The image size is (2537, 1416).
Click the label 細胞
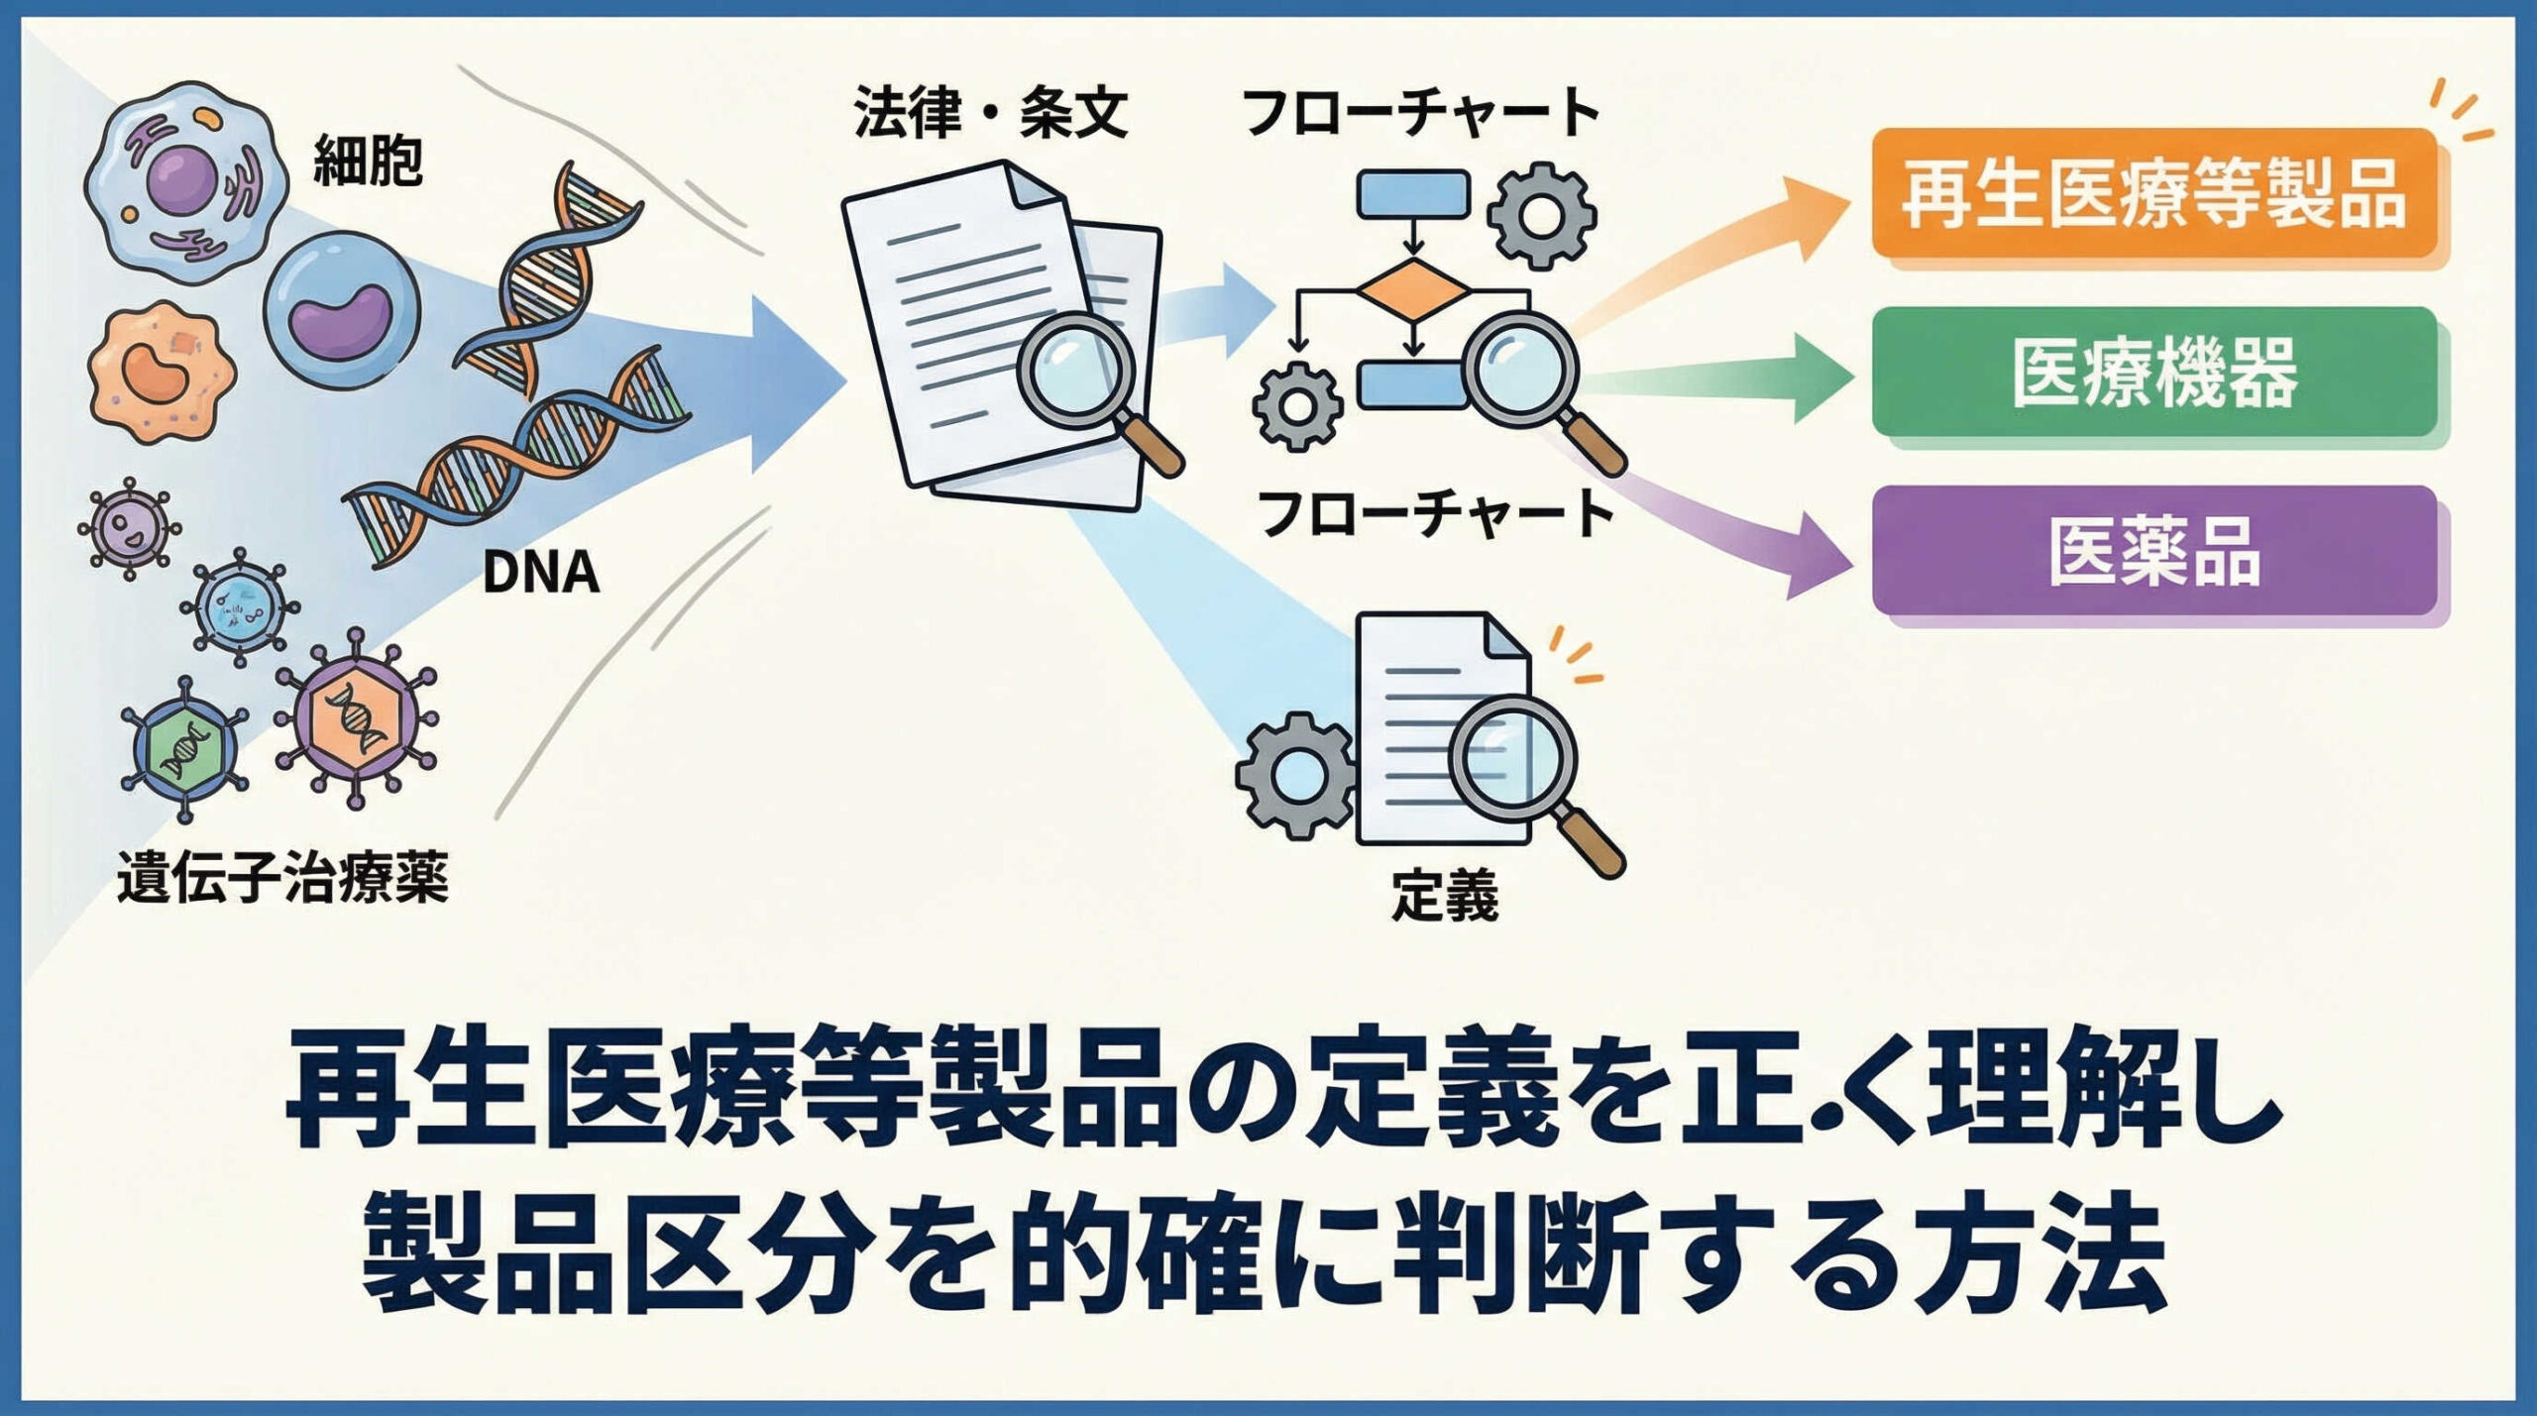[368, 162]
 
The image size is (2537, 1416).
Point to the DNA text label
[541, 573]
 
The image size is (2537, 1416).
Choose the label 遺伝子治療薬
[282, 878]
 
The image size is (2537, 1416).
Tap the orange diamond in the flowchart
[1413, 290]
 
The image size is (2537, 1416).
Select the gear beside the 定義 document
[1293, 776]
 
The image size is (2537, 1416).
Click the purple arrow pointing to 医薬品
[1724, 530]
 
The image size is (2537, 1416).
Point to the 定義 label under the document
[1444, 896]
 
